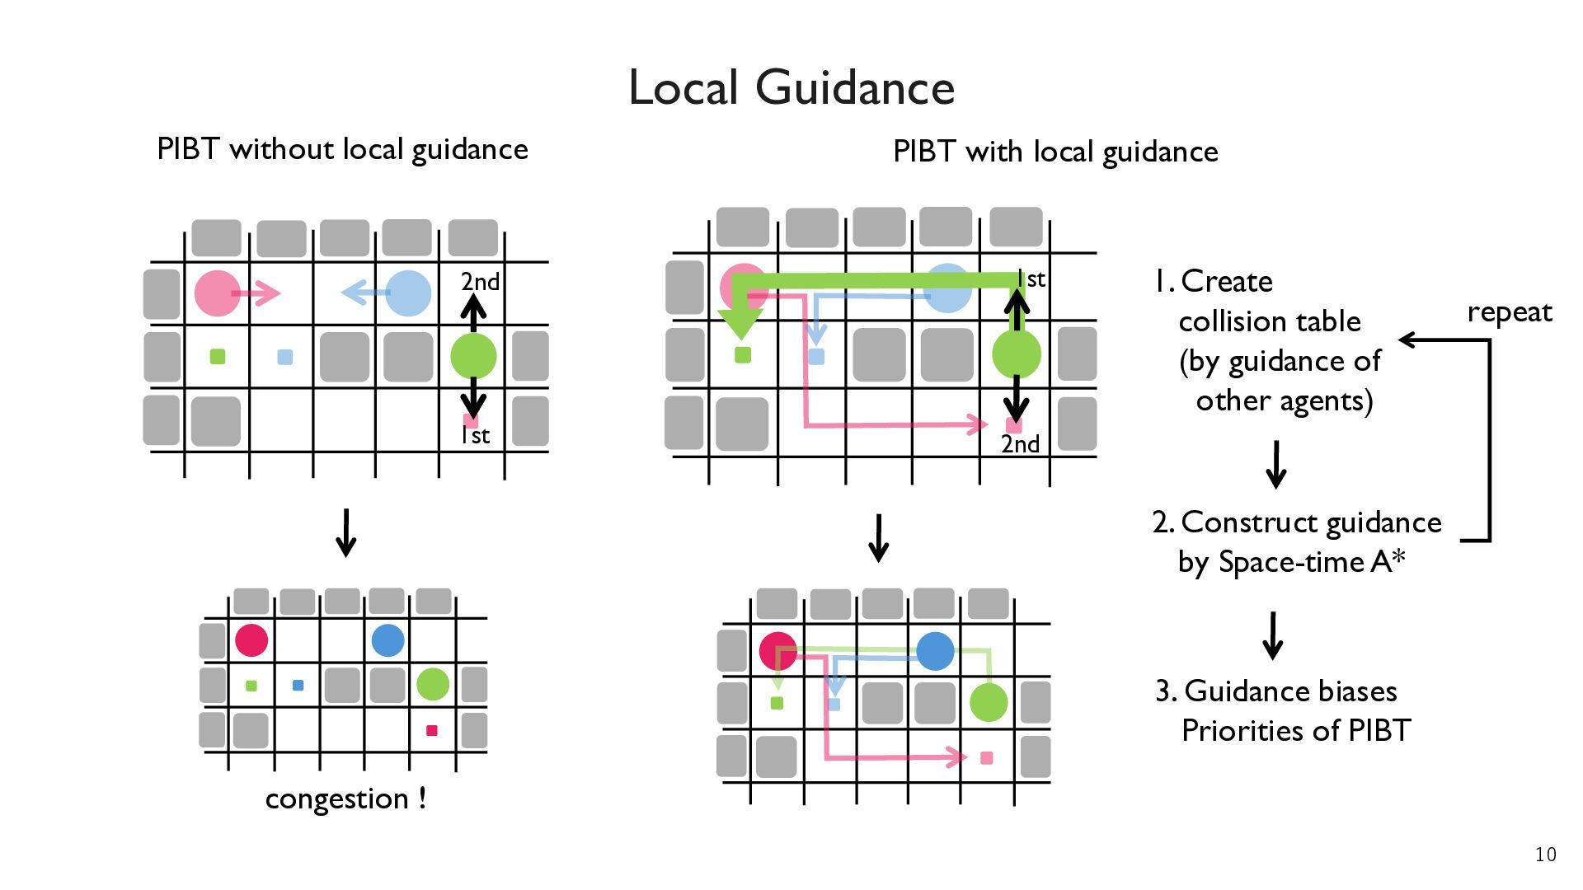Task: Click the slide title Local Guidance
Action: [x=791, y=87]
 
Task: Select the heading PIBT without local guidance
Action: [x=342, y=149]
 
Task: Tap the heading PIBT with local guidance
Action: [x=1055, y=152]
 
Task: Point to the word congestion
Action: [x=336, y=799]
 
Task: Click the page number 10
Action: [x=1546, y=855]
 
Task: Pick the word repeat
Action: [x=1510, y=313]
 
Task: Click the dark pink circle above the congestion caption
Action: [x=251, y=639]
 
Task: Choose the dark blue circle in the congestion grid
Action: [x=388, y=639]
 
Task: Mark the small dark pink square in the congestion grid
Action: [x=431, y=730]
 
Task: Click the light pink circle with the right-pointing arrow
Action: [x=218, y=293]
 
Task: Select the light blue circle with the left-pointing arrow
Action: [x=408, y=293]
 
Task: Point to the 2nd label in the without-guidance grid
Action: [x=480, y=282]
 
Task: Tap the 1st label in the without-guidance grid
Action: [x=475, y=435]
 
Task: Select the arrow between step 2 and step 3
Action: [x=1273, y=635]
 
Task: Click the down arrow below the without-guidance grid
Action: [x=346, y=533]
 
